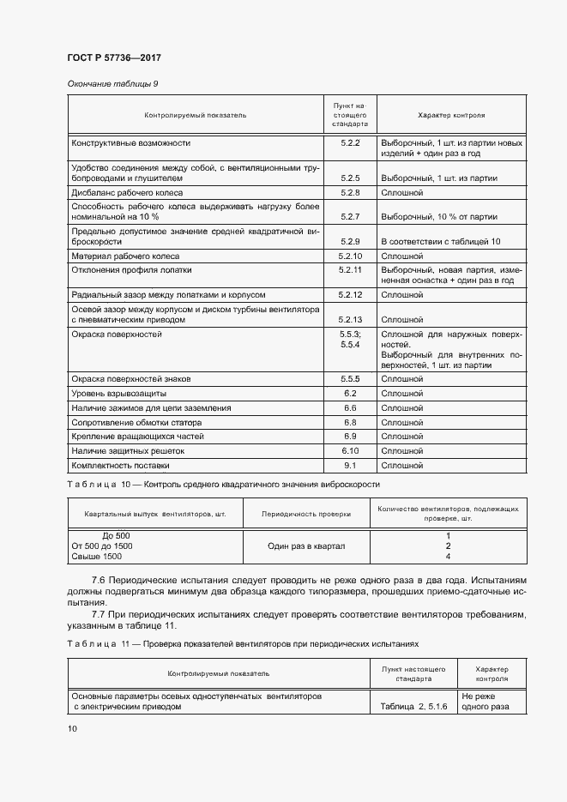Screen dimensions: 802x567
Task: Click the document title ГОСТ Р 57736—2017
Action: pos(114,57)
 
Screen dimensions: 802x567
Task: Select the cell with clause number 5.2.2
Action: pos(349,142)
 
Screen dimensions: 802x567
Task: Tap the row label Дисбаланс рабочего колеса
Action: pos(122,193)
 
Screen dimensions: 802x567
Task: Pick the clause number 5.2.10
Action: pos(350,256)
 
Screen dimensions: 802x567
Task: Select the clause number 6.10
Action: pos(350,450)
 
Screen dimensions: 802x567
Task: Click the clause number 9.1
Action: pos(350,465)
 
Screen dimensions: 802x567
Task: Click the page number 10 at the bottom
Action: pos(72,728)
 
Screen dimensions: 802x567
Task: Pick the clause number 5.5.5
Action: pos(350,378)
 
